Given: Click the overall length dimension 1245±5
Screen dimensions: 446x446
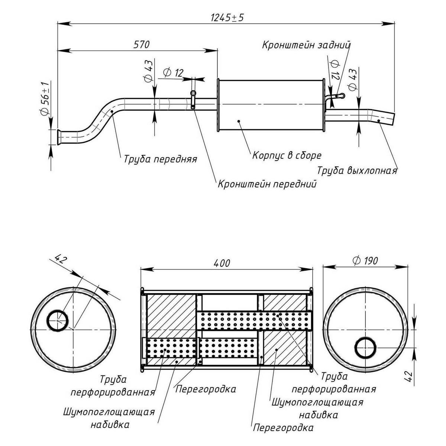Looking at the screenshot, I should tap(227, 17).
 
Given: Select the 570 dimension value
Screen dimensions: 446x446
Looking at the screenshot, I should tap(141, 45).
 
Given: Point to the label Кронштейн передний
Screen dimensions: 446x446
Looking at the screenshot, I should tap(267, 184).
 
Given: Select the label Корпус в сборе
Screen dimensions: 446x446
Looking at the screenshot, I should tap(287, 155).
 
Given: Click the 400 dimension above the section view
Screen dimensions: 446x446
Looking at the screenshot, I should tap(222, 263).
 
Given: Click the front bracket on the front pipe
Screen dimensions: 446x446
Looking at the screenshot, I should tap(193, 100).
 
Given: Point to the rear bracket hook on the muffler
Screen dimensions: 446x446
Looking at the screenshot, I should tap(336, 96).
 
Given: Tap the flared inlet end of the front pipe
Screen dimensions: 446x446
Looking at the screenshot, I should tap(59, 136).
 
